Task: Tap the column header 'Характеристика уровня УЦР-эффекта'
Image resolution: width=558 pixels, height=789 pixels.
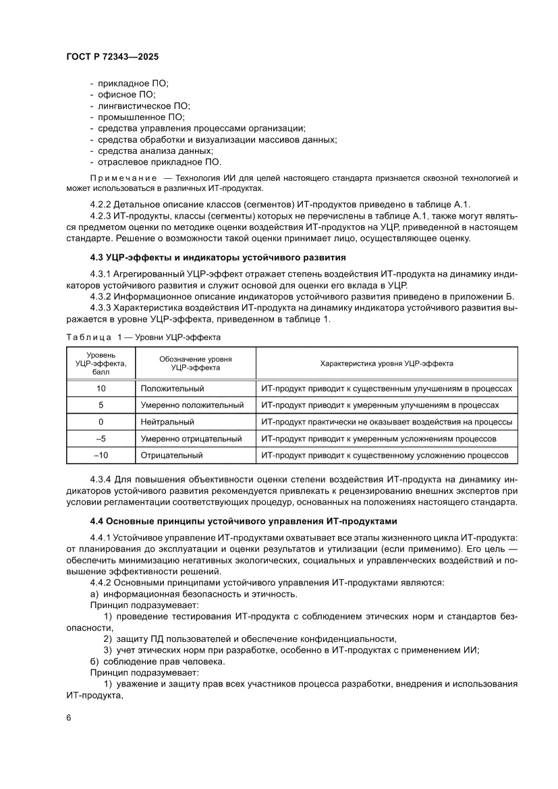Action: tap(386, 363)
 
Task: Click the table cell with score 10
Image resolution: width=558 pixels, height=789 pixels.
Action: tap(101, 389)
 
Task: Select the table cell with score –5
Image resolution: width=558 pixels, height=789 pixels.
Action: tap(101, 439)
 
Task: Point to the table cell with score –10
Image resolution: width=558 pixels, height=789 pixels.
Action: tap(101, 456)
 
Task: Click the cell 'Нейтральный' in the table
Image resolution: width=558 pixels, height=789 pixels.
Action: tap(167, 422)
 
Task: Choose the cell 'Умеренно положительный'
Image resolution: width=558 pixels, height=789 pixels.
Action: tap(192, 405)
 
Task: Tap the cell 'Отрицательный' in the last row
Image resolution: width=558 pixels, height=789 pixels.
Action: tap(171, 456)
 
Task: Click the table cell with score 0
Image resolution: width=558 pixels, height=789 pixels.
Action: tap(101, 422)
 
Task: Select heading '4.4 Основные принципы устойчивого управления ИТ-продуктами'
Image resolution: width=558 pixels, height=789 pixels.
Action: tap(244, 522)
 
